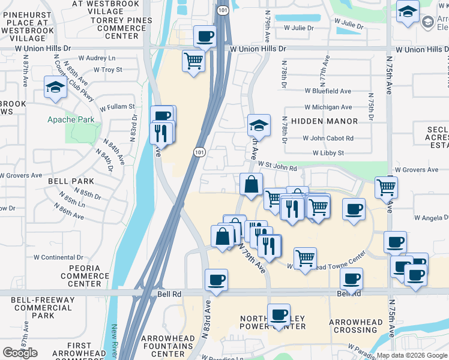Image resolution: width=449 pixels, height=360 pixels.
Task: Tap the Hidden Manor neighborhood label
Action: (324, 121)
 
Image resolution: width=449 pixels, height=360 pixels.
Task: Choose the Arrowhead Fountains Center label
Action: (167, 346)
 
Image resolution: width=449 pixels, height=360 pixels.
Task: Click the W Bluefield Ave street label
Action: (327, 91)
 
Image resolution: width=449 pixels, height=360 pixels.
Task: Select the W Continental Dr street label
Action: (62, 257)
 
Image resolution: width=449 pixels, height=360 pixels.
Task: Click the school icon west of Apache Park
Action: (55, 88)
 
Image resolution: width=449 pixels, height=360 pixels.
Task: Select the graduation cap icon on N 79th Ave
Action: (259, 125)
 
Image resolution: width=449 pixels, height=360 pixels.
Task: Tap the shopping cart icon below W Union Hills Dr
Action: (193, 61)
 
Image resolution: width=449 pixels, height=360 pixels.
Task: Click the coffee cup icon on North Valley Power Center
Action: (279, 315)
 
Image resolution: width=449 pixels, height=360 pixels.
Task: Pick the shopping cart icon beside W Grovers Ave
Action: (386, 187)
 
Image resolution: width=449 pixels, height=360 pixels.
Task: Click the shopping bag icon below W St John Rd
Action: (250, 184)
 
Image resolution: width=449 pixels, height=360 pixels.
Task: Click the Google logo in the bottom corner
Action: (20, 353)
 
